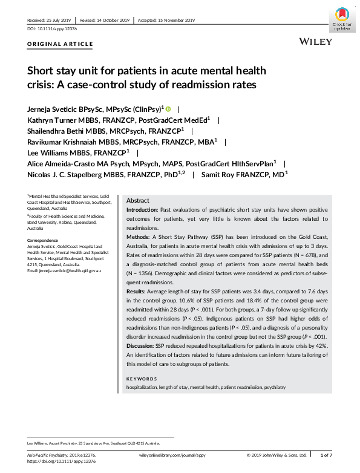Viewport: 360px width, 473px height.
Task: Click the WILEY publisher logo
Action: tap(315, 41)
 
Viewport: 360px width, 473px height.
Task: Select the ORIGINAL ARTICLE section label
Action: tap(61, 44)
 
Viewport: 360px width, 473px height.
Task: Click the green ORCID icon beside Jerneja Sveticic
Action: tap(168, 109)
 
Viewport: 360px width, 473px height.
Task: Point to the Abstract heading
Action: tap(137, 201)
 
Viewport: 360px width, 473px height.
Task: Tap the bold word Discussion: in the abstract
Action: tap(143, 345)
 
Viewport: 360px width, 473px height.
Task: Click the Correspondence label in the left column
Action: tap(42, 240)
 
